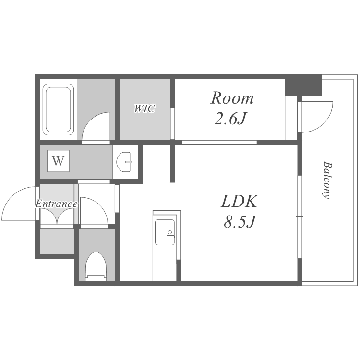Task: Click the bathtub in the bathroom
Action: (58, 110)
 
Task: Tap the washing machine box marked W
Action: (58, 161)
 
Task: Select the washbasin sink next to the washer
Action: (124, 162)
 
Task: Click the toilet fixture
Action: (96, 266)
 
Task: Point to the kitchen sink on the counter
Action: (165, 232)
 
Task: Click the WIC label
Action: (144, 108)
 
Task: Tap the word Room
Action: (232, 98)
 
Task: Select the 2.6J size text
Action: (230, 119)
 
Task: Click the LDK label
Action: (239, 201)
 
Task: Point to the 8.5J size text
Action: (240, 222)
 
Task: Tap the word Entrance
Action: (57, 204)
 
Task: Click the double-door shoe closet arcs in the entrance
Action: (57, 217)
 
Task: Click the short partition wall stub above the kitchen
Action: (173, 163)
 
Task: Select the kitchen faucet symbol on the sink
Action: (170, 235)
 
